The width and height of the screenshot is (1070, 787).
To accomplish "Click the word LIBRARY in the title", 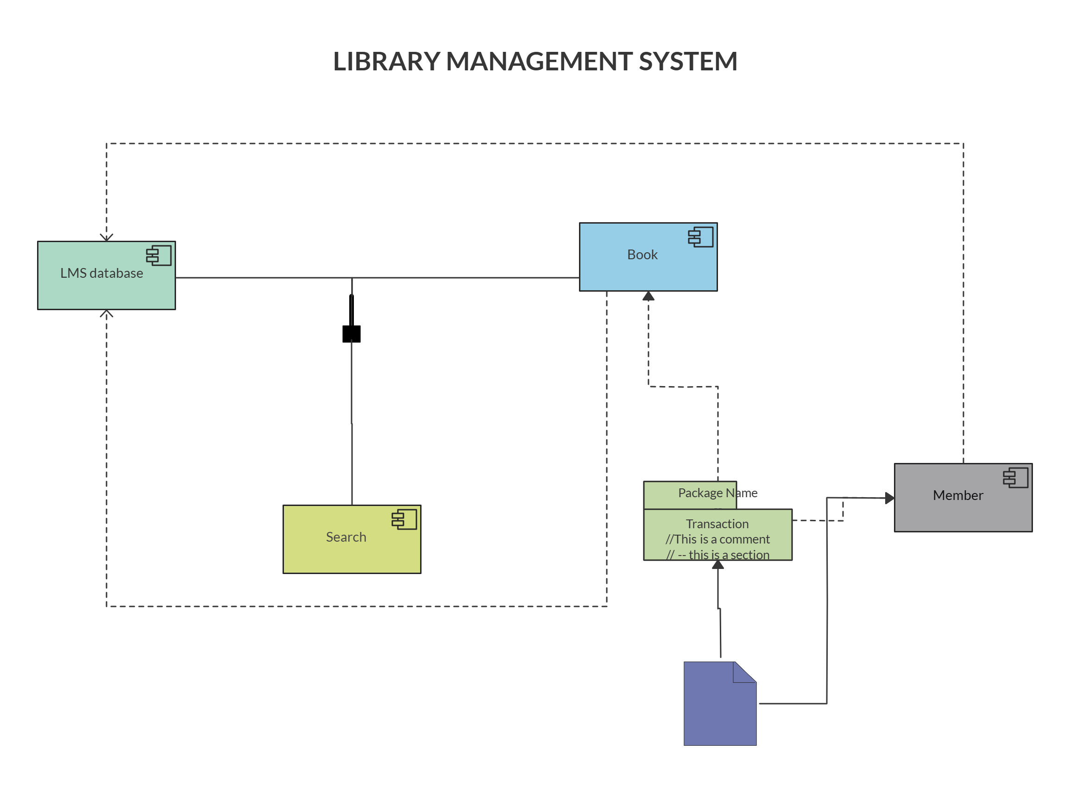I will (x=385, y=61).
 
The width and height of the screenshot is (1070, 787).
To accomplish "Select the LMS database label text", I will (x=101, y=273).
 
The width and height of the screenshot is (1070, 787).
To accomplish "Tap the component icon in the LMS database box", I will (x=159, y=256).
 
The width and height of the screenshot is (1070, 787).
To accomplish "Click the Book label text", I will (x=642, y=255).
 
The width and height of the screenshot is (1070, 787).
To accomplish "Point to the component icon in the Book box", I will (x=701, y=237).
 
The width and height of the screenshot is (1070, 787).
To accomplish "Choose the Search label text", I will (x=346, y=537).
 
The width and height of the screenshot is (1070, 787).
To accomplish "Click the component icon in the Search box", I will (x=404, y=519).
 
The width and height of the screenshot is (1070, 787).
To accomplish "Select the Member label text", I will (x=957, y=495).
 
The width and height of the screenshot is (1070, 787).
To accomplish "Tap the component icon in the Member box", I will (x=1015, y=478).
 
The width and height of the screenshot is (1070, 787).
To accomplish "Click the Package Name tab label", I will (x=718, y=493).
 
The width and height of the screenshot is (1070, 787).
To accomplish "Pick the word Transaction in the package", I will (x=717, y=524).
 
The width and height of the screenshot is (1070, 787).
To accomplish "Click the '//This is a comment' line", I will (x=718, y=539).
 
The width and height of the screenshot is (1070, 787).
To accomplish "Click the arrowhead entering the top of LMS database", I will (x=106, y=237).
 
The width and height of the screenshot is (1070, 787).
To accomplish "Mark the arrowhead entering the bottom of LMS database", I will (x=106, y=313).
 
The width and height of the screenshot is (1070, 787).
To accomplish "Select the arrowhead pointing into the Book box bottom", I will (x=648, y=296).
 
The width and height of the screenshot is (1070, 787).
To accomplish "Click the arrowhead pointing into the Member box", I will (x=889, y=498).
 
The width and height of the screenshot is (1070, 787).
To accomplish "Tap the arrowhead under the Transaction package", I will (x=718, y=564).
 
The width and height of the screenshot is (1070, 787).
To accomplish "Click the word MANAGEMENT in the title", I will (x=539, y=61).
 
